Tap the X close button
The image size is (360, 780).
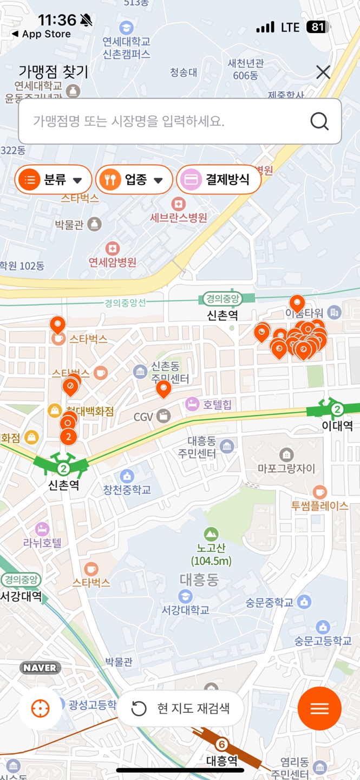click(323, 72)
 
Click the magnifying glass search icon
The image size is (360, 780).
click(319, 121)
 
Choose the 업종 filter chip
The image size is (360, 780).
click(134, 180)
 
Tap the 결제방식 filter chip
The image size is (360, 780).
click(219, 180)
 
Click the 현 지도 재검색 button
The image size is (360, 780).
click(181, 708)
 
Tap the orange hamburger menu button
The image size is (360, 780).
click(319, 708)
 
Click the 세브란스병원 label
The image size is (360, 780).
click(179, 218)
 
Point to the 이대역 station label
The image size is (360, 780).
click(337, 426)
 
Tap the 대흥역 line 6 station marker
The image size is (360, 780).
click(221, 744)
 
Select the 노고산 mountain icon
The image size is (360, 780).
click(211, 534)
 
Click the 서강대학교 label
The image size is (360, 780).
click(186, 610)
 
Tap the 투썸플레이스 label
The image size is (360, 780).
click(319, 506)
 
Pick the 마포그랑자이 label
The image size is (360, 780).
click(286, 469)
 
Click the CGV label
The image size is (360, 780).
click(144, 417)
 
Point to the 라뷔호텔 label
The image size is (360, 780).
click(42, 542)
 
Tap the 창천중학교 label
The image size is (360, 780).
click(127, 490)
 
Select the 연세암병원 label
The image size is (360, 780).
click(113, 262)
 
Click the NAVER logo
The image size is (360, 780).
click(40, 668)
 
